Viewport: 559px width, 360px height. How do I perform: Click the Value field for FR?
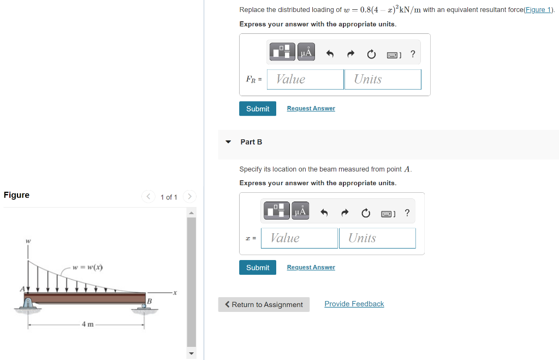click(305, 79)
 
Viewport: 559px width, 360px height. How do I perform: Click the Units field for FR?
click(383, 79)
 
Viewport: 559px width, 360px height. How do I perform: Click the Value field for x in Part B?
click(299, 238)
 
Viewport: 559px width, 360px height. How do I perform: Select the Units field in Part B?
click(377, 238)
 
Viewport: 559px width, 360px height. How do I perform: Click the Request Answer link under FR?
click(311, 108)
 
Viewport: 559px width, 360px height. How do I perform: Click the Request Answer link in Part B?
click(311, 267)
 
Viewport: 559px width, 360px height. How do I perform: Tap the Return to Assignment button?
click(264, 305)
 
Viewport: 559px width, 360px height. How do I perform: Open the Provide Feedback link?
click(354, 304)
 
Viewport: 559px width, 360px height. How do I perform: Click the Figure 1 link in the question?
click(537, 10)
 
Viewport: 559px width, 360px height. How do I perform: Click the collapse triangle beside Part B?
click(228, 141)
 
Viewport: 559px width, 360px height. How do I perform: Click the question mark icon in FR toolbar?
click(413, 54)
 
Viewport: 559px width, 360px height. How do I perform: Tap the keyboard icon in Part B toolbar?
click(388, 213)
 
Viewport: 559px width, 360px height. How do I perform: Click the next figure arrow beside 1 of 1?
click(189, 196)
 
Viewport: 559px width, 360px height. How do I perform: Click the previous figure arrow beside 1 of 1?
click(148, 196)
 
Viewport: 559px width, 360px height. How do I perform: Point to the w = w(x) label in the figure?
click(87, 267)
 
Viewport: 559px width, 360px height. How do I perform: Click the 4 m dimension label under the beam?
click(87, 324)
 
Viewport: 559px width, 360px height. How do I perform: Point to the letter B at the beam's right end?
click(148, 302)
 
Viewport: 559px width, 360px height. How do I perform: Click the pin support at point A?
click(28, 303)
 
